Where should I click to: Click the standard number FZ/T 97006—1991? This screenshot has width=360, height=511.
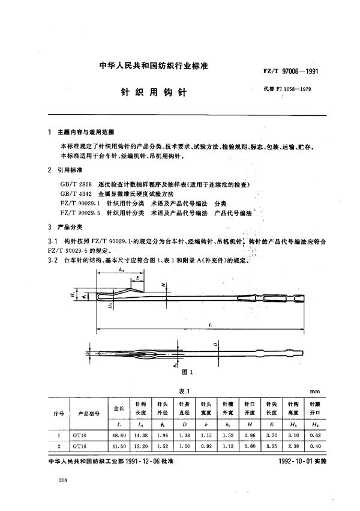(291, 70)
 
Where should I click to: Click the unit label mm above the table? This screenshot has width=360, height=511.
(314, 391)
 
